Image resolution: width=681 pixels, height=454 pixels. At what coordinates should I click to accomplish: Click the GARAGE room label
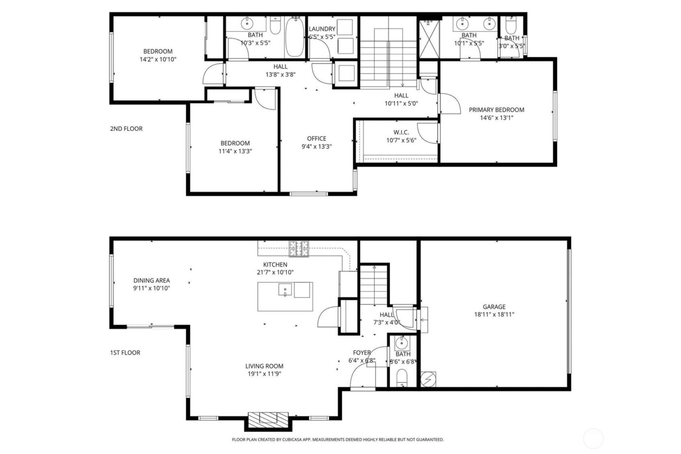[494, 307]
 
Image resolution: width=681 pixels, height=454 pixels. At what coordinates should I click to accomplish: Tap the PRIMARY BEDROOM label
[496, 110]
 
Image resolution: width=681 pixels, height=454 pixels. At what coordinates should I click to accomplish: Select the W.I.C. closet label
[401, 132]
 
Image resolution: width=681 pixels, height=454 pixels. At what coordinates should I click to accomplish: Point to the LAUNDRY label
[322, 29]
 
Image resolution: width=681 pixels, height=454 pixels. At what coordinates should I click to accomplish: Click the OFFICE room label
[316, 139]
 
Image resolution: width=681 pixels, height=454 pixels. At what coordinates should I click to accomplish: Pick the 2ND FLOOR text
[126, 129]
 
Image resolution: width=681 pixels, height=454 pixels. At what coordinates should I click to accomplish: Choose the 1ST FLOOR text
[125, 353]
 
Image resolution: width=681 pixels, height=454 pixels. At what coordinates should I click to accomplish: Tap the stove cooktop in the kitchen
[299, 249]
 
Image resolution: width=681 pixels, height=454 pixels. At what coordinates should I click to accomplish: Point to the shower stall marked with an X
[429, 38]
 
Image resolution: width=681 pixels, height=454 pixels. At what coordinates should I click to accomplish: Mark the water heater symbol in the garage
[429, 379]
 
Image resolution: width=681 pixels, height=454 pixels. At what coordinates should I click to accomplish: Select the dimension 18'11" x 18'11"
[494, 314]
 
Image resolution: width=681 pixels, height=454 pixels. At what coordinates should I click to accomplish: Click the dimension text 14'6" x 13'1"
[496, 118]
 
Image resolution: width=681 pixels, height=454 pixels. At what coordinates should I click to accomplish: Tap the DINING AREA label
[152, 280]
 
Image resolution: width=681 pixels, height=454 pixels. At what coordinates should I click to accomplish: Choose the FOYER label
[362, 353]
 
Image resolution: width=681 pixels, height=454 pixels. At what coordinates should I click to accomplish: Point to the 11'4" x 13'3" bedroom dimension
[235, 151]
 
